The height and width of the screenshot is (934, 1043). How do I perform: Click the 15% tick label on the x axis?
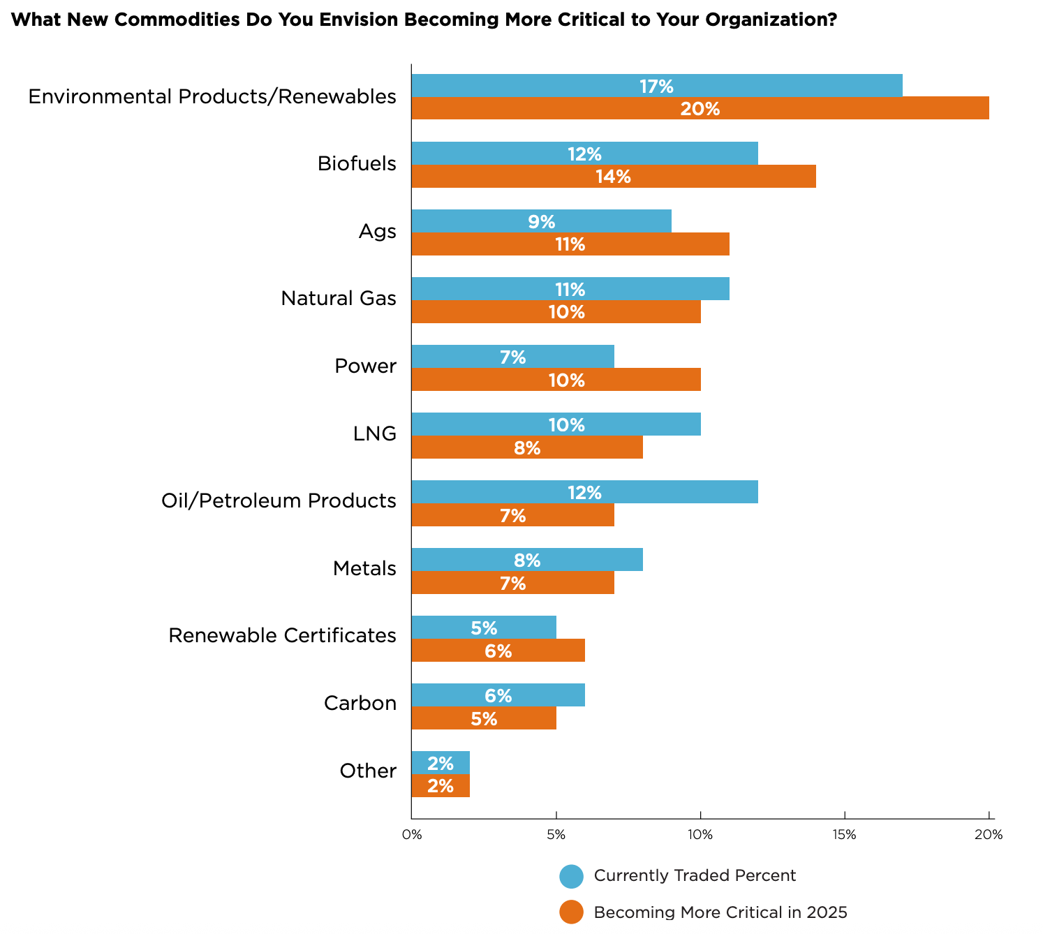(844, 835)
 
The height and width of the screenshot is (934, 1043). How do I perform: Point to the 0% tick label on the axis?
(412, 835)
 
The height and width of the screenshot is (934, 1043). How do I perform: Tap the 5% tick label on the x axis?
(556, 835)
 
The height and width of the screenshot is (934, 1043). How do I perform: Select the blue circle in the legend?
(571, 876)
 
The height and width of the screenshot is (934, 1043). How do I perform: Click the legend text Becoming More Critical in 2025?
(720, 912)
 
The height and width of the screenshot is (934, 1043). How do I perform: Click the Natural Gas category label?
(339, 299)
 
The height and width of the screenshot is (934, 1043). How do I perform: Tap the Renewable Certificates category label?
(283, 636)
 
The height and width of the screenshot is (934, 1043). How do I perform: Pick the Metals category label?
(364, 569)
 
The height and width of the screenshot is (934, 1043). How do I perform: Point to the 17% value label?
(656, 87)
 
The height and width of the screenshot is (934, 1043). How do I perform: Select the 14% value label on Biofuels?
(613, 177)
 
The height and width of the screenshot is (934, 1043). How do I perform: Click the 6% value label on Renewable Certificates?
(498, 651)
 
